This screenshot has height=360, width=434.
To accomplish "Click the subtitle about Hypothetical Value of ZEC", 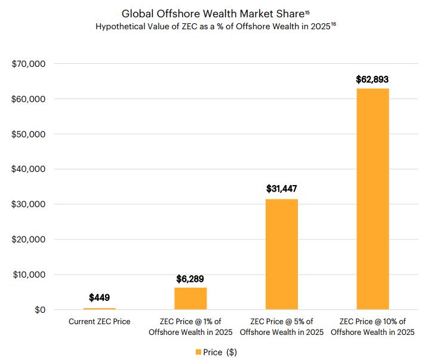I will [215, 27].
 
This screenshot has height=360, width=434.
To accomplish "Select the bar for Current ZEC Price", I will [100, 308].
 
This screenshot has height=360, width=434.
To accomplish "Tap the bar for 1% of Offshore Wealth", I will [190, 299].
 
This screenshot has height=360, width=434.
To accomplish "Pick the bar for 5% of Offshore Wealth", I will [281, 254].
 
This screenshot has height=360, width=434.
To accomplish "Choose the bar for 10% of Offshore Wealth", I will [373, 199].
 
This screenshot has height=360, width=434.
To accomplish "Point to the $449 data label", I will [100, 297].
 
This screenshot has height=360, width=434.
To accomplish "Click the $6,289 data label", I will [190, 279].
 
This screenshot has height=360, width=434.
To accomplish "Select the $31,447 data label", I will [282, 189].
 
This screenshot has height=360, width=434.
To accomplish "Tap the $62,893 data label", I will [373, 79].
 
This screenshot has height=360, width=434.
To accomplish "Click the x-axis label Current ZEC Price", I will [100, 322].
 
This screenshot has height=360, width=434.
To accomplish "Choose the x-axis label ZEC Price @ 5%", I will [282, 327].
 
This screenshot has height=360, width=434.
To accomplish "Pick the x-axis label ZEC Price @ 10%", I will [373, 327].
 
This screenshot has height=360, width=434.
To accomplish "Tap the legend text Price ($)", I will [220, 352].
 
